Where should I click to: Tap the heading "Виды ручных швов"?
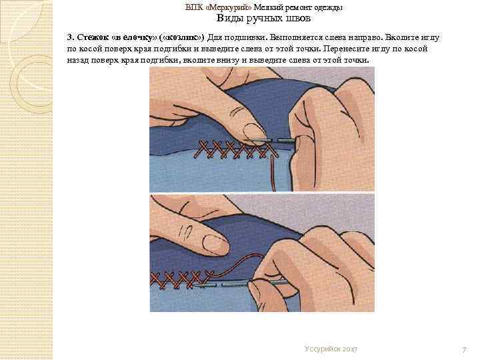point(263,19)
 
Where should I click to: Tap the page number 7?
point(465,349)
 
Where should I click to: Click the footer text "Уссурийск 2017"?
point(331,349)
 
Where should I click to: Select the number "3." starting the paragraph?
point(71,37)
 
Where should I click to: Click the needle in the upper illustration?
point(270,141)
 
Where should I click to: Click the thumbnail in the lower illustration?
point(216,244)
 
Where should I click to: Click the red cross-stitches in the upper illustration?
point(236,149)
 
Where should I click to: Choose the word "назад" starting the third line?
point(78,60)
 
